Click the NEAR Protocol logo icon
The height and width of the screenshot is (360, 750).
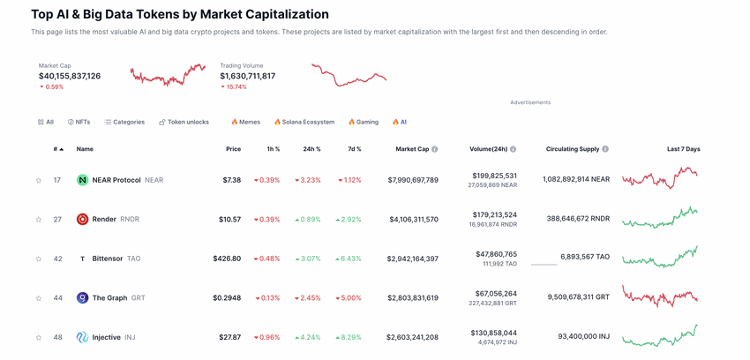(82, 180)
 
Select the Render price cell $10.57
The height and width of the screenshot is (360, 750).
(229, 220)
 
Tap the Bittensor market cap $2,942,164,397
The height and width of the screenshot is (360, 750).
(412, 259)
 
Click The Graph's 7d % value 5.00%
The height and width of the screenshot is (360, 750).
(349, 298)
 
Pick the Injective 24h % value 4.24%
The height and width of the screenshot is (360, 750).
(308, 337)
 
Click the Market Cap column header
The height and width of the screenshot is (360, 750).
(412, 149)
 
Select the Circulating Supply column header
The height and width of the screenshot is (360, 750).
(573, 149)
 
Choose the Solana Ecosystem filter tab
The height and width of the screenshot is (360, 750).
(304, 122)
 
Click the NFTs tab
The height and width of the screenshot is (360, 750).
(79, 122)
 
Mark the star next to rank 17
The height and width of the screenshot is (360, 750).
(39, 181)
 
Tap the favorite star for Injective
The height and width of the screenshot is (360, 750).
(39, 338)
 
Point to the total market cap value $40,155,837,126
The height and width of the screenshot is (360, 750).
(70, 77)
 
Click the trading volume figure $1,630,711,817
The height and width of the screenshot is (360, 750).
(248, 77)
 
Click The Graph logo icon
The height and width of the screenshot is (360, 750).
(82, 298)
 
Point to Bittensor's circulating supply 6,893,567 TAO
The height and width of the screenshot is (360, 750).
(584, 257)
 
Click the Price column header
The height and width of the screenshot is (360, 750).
(233, 149)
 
